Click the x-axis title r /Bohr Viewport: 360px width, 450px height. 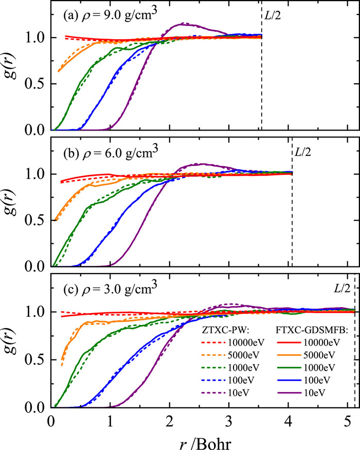205,442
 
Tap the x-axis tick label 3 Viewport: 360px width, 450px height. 229,422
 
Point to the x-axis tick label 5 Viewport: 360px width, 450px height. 347,422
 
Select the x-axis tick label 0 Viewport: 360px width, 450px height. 51,422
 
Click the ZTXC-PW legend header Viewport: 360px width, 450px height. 224,330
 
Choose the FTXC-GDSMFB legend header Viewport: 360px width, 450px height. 312,330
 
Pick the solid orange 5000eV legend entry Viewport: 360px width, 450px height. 307,355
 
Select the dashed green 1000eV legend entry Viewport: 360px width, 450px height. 230,368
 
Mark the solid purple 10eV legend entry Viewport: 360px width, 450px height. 301,392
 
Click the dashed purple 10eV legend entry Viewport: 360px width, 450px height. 226,392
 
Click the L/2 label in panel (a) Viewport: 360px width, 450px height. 273,15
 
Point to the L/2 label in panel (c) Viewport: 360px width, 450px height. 343,289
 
